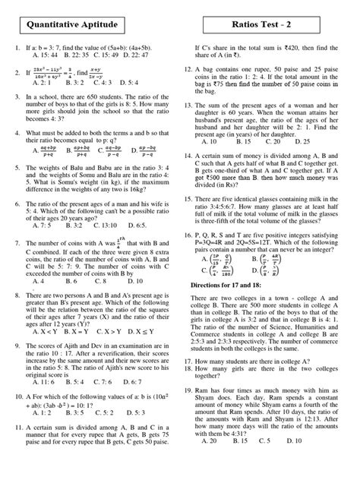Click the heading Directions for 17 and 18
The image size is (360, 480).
[x=236, y=284]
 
